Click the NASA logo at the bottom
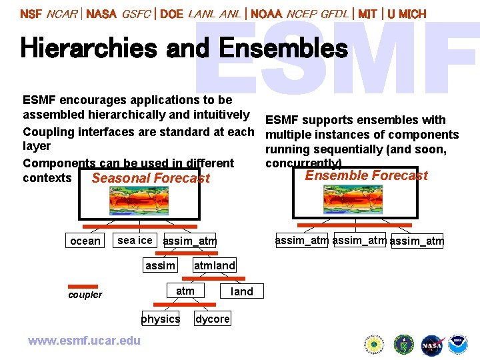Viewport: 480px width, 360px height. click(x=432, y=345)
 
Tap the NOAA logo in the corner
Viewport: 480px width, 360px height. click(x=458, y=345)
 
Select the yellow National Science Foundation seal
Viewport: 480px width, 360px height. click(x=375, y=345)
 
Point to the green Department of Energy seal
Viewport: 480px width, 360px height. click(x=403, y=345)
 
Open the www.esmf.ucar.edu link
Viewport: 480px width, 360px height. click(x=84, y=341)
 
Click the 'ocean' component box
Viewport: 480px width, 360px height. click(x=85, y=241)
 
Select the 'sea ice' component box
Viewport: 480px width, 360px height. click(x=135, y=240)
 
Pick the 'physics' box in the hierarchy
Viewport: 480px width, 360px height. click(x=161, y=319)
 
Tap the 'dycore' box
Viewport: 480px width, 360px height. click(x=213, y=319)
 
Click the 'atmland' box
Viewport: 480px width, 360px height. click(x=215, y=265)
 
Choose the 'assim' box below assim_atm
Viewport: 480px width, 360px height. click(x=161, y=265)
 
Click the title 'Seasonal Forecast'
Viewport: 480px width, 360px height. click(x=151, y=178)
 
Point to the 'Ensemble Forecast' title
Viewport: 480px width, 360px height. click(x=366, y=175)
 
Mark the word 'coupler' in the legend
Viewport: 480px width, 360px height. click(x=85, y=295)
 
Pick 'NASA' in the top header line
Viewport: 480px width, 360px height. click(x=101, y=13)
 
